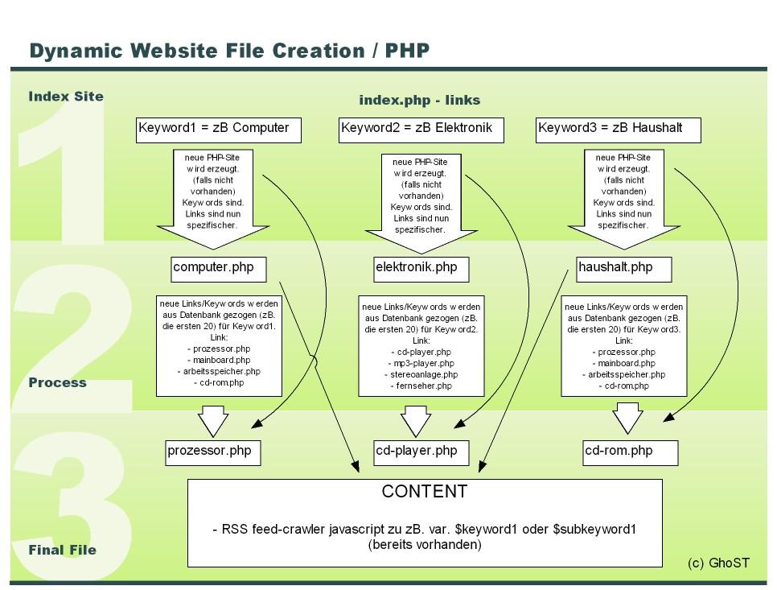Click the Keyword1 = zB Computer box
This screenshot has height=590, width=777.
(x=219, y=130)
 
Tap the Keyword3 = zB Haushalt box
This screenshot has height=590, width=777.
(x=619, y=130)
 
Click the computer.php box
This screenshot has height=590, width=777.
(x=219, y=268)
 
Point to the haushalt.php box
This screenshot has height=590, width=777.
(x=624, y=268)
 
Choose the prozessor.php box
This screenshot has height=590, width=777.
(x=213, y=452)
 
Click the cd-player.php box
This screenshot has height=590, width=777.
(x=421, y=452)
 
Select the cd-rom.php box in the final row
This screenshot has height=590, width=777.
(x=630, y=452)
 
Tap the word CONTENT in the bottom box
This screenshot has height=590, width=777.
(x=425, y=492)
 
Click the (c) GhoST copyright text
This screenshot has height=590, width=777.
(x=718, y=563)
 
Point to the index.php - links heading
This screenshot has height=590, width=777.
(x=419, y=100)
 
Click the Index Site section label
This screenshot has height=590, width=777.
(x=66, y=97)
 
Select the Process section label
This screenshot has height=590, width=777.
(x=57, y=383)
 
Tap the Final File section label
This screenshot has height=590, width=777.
(x=62, y=551)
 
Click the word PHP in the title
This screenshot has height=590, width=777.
(x=407, y=51)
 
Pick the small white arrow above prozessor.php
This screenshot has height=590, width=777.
(x=213, y=420)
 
